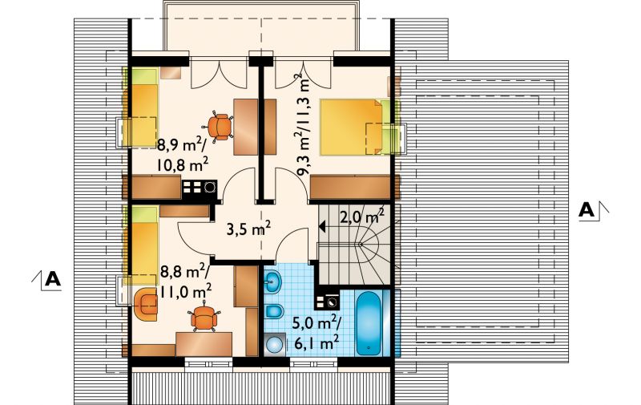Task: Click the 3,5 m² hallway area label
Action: (248, 229)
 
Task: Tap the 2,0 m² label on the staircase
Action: (362, 217)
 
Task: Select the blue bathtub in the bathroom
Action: (369, 323)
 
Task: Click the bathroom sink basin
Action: (272, 281)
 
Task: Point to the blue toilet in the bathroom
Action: (274, 311)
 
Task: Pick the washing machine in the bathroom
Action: (276, 345)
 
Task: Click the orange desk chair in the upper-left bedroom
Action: (221, 126)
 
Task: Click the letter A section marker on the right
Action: (587, 210)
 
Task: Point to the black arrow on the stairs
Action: (322, 226)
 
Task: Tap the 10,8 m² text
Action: (182, 165)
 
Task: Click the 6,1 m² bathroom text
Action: (315, 342)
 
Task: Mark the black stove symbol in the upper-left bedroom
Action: (199, 188)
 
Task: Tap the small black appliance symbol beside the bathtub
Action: (327, 302)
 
